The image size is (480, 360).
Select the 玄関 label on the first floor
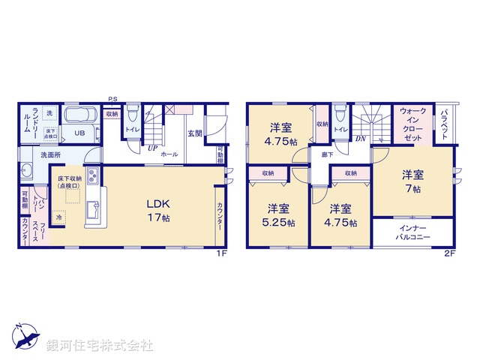click(x=195, y=133)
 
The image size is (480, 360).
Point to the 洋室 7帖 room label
click(x=412, y=182)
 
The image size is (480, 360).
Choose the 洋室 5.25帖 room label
click(x=277, y=215)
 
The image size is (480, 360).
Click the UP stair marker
click(x=151, y=148)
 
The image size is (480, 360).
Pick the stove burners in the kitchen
click(x=93, y=178)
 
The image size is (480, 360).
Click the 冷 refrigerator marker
click(x=58, y=217)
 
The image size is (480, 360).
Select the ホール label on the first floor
click(x=169, y=153)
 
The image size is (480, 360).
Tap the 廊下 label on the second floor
click(x=328, y=154)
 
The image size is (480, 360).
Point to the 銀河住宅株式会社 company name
click(x=99, y=345)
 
